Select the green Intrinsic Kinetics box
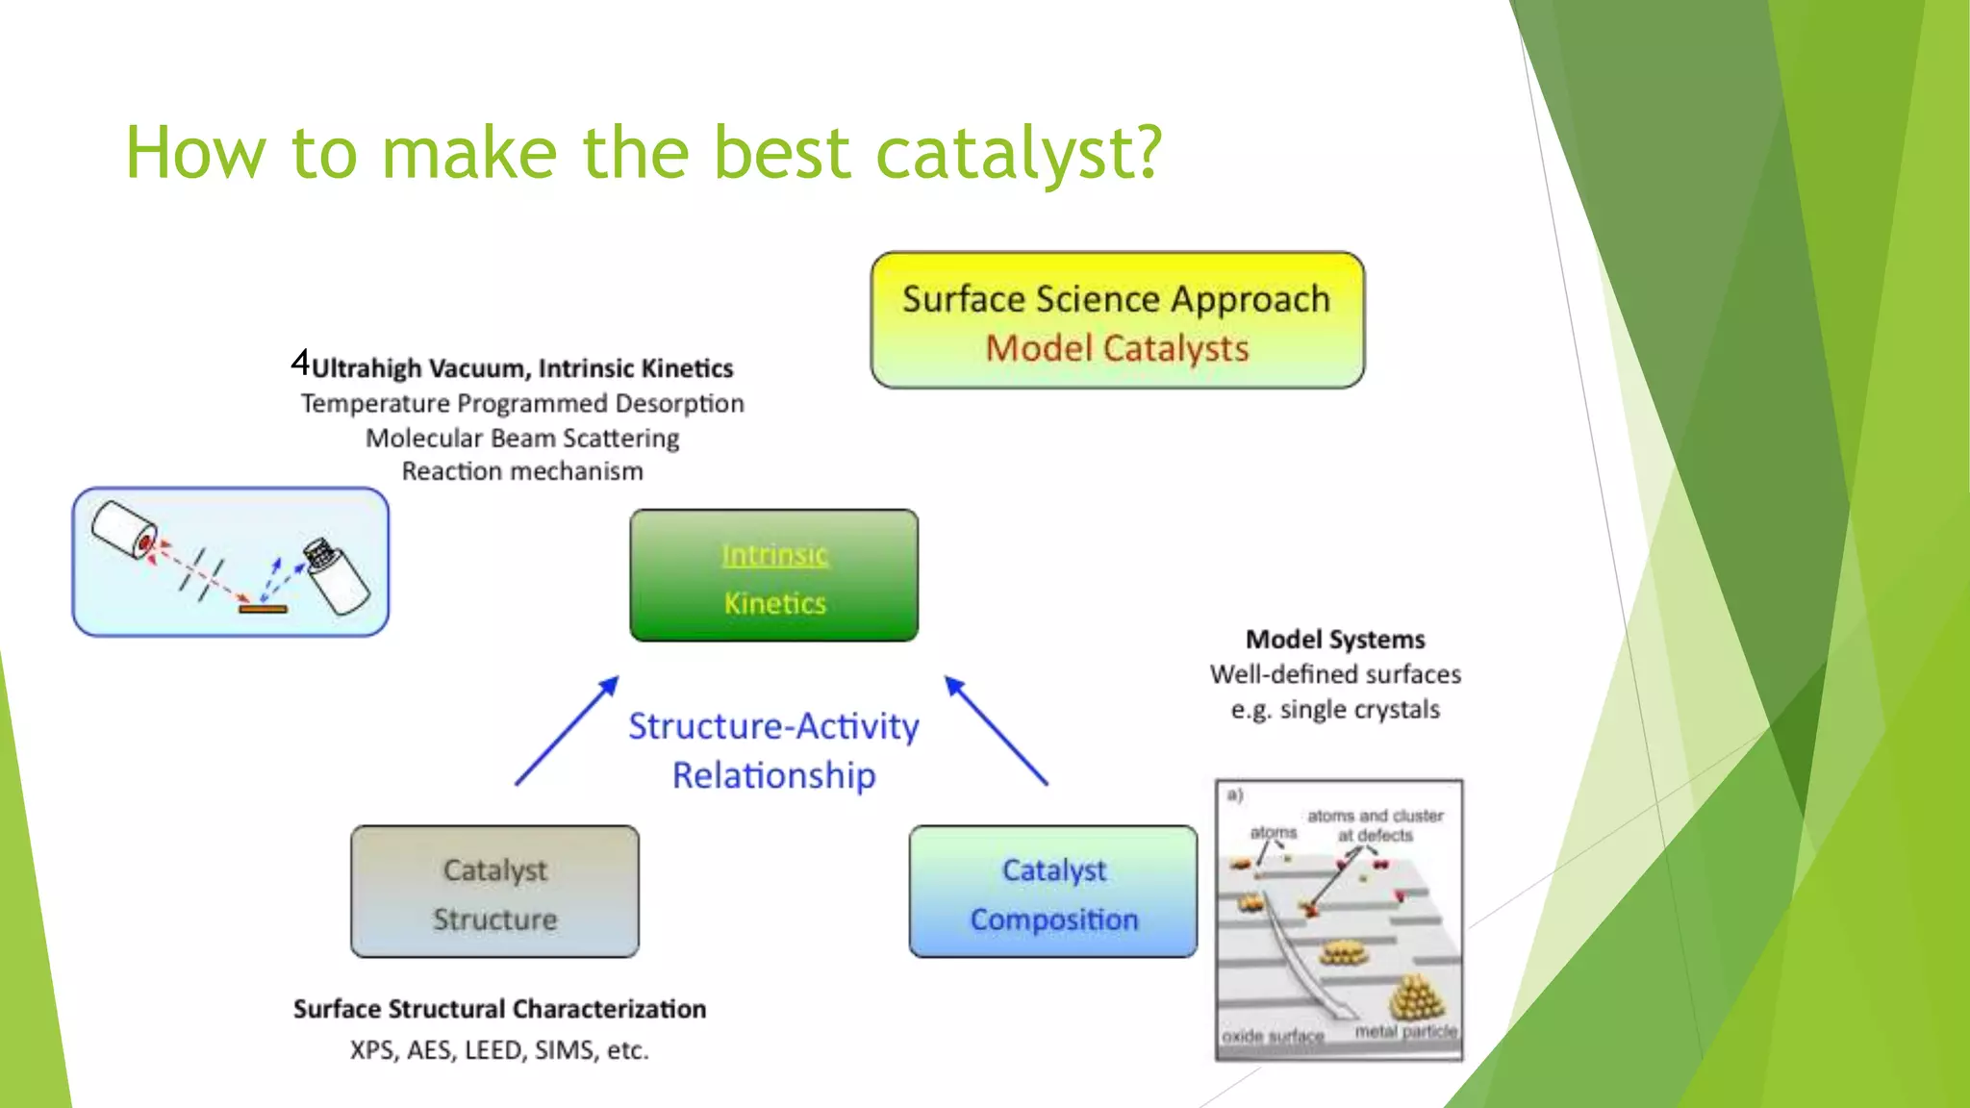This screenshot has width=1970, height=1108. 774,575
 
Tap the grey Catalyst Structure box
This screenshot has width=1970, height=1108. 494,892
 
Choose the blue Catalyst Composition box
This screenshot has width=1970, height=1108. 1053,892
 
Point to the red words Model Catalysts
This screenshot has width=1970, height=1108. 1117,348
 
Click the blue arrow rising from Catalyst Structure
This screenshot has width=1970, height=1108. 566,731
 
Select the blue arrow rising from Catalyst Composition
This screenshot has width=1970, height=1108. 996,731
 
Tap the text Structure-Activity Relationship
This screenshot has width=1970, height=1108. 774,750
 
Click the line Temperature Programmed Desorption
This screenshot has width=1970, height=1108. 522,403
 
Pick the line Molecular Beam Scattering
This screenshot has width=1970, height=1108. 522,438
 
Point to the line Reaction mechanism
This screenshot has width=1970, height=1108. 522,471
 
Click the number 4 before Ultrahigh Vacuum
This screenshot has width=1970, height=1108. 300,364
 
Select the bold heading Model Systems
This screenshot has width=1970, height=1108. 1335,640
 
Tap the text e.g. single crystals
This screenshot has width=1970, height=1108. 1335,710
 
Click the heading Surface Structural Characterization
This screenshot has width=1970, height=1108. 499,1009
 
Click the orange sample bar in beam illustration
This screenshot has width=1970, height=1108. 263,609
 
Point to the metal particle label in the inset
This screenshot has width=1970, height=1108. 1405,1031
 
